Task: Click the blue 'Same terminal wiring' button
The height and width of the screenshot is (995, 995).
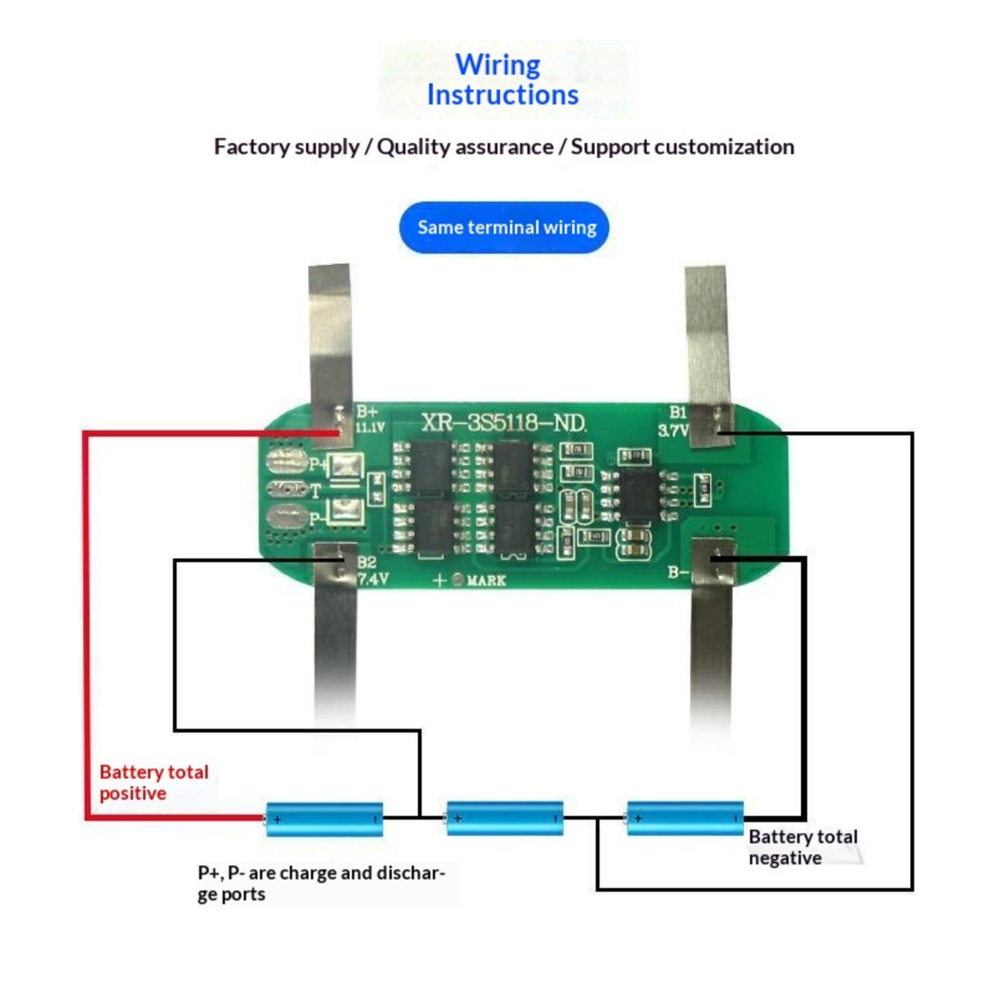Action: [x=503, y=227]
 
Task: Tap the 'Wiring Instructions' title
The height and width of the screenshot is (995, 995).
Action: [x=502, y=80]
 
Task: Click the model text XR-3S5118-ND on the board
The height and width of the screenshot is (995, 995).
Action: [x=503, y=423]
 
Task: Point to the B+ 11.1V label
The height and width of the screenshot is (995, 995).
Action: [x=369, y=419]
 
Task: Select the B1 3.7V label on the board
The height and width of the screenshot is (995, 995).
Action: [x=674, y=421]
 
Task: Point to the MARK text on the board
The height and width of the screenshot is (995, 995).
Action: [x=486, y=580]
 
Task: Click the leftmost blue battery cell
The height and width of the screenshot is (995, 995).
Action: [x=324, y=819]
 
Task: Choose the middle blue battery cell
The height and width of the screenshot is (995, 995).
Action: [x=504, y=818]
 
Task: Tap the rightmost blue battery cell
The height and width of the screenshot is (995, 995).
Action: [x=685, y=818]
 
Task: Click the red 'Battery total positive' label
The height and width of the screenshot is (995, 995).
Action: [x=153, y=782]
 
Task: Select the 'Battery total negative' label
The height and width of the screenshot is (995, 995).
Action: [x=802, y=847]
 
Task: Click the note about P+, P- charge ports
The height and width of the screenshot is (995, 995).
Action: [x=320, y=883]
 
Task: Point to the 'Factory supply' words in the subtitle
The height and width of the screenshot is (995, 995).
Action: [x=286, y=147]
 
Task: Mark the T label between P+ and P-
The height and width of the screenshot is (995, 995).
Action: [x=315, y=491]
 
